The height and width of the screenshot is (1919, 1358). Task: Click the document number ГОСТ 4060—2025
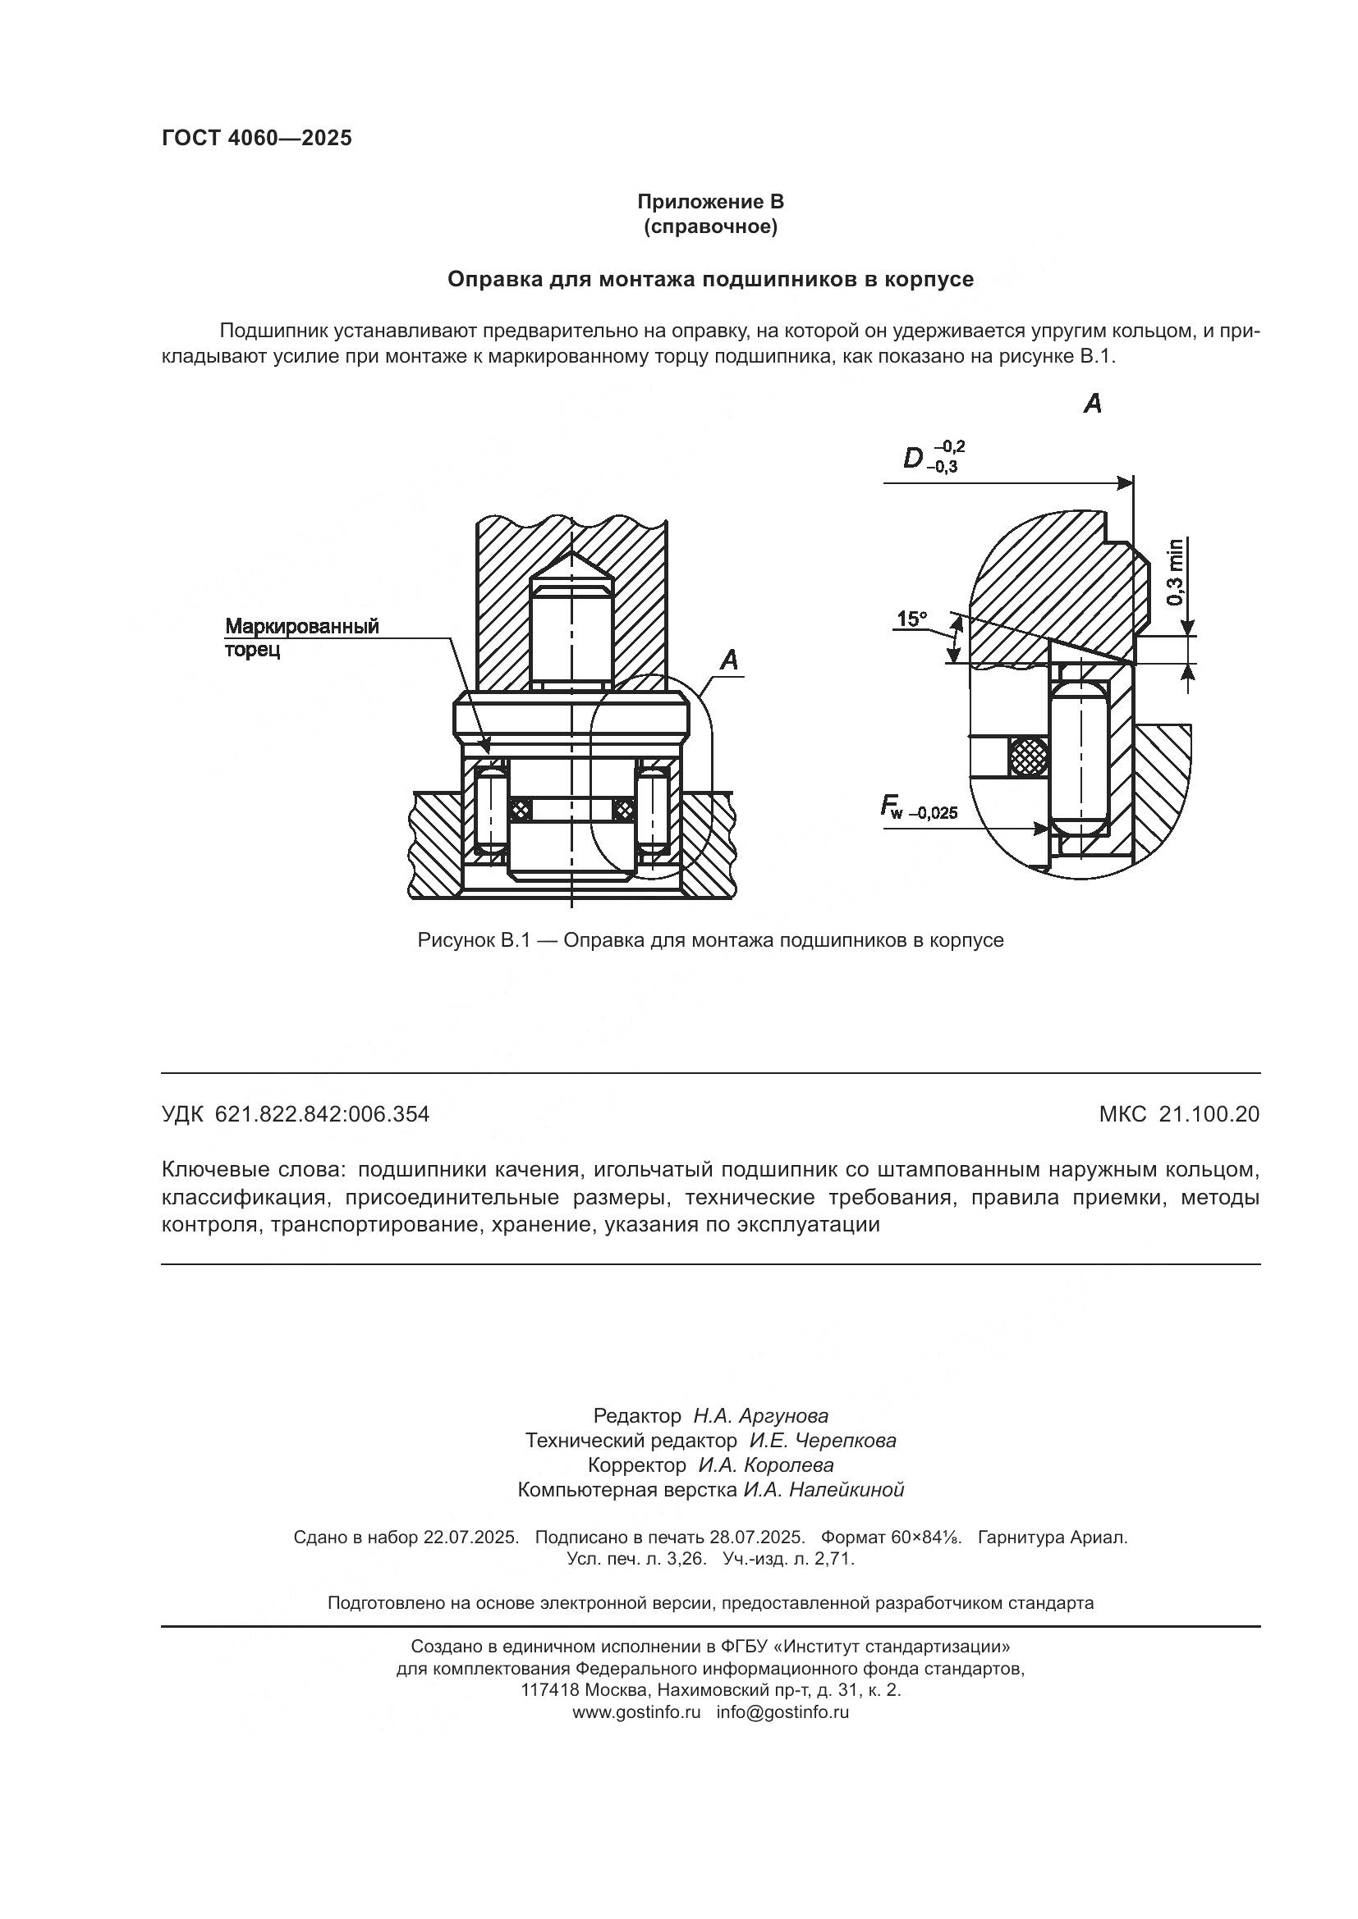coord(257,139)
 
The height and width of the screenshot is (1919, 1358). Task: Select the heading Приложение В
coord(710,202)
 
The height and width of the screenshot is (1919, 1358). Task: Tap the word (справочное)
coord(710,226)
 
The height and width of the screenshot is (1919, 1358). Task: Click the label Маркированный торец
coord(301,637)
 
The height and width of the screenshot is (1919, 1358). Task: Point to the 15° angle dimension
coord(911,619)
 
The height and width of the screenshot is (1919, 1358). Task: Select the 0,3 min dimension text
coord(1175,573)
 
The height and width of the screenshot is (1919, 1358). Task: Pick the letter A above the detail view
coord(1092,404)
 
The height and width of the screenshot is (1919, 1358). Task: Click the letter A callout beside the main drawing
coord(729,660)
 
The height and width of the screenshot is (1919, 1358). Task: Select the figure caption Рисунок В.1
coord(710,940)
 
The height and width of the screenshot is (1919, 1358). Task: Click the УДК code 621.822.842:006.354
coord(322,1114)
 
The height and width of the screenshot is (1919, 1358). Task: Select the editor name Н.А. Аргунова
coord(760,1416)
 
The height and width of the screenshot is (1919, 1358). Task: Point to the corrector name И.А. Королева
coord(765,1465)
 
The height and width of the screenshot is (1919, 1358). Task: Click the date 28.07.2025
coord(757,1537)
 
